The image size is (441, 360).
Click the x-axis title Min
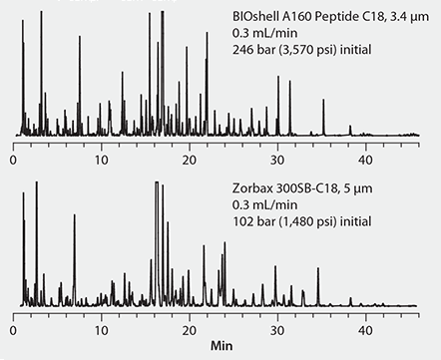point(222,351)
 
